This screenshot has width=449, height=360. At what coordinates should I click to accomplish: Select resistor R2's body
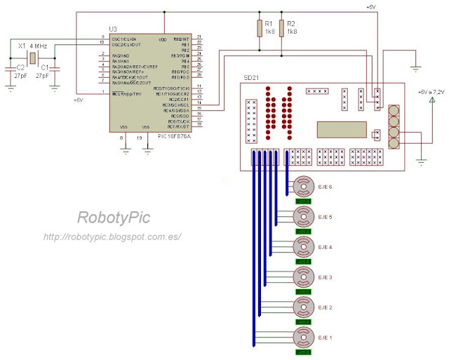pos(282,28)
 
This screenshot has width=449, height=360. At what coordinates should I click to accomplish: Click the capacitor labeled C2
pos(11,68)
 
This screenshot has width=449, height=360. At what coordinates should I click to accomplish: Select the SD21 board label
pos(251,76)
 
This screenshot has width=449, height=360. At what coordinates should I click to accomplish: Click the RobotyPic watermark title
pos(109,219)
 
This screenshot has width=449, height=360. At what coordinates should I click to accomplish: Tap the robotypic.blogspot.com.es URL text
pos(112,237)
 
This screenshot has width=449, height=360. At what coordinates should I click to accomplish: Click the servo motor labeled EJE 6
pos(304,187)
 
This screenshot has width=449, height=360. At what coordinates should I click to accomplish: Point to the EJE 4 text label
pos(325,247)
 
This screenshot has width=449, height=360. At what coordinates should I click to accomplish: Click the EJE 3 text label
pos(325,277)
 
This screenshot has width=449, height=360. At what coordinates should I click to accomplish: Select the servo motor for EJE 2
pos(304,307)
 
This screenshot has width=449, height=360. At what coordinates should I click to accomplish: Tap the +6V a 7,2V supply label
pos(431,92)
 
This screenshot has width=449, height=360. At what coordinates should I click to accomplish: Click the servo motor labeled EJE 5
pos(304,217)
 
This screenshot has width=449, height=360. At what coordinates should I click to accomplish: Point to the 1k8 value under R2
pos(292,32)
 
